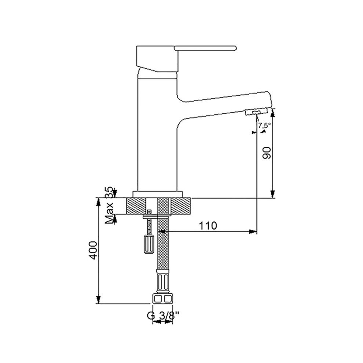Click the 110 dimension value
click(x=208, y=225)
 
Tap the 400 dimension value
click(x=93, y=250)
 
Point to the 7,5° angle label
click(x=264, y=126)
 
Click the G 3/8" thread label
click(x=163, y=315)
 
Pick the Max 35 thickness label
click(x=109, y=205)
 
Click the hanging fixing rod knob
click(x=148, y=244)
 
